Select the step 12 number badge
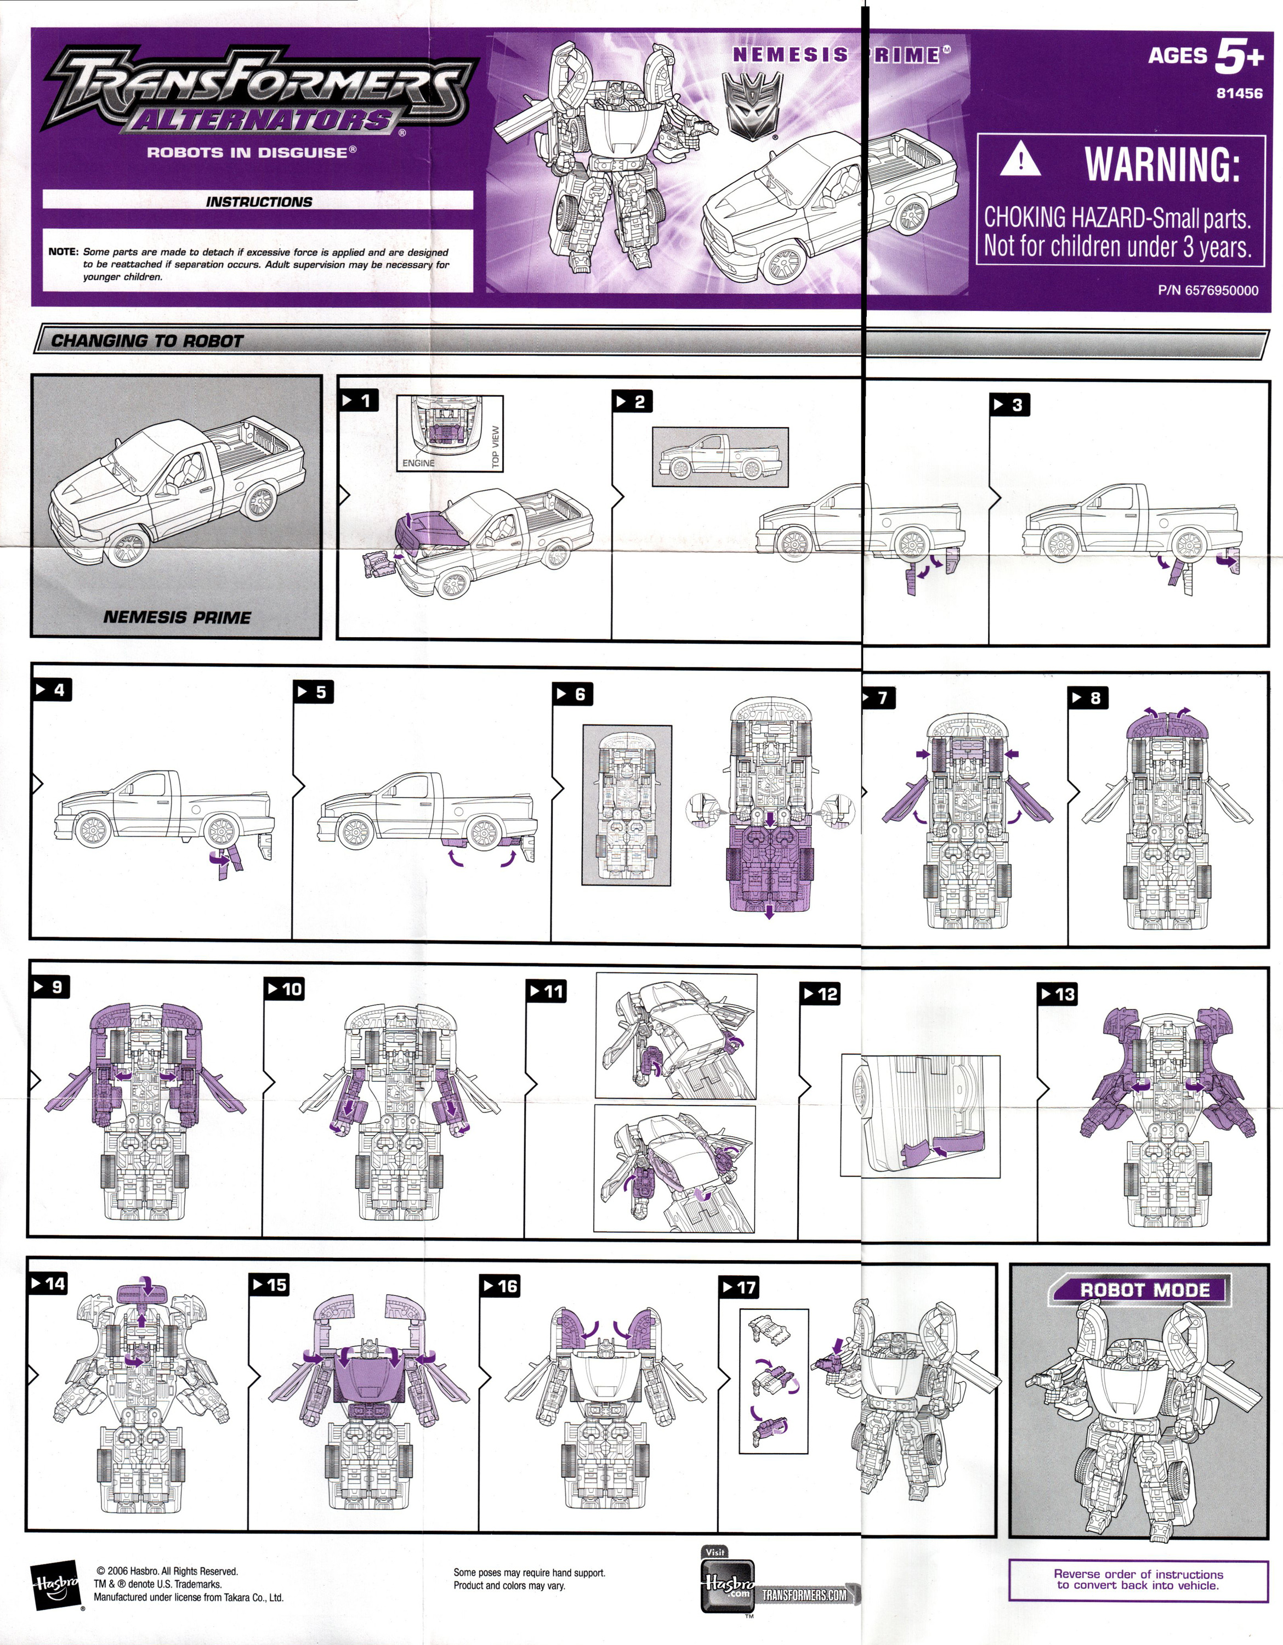820,994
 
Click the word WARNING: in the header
1162,164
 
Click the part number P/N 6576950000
1208,291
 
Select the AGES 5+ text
1205,56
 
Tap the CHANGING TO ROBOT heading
147,341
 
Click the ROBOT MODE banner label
1144,1290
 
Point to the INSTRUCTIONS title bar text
258,202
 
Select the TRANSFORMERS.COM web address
804,1595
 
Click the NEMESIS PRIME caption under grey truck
177,617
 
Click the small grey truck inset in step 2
720,456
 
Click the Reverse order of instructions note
1138,1579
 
